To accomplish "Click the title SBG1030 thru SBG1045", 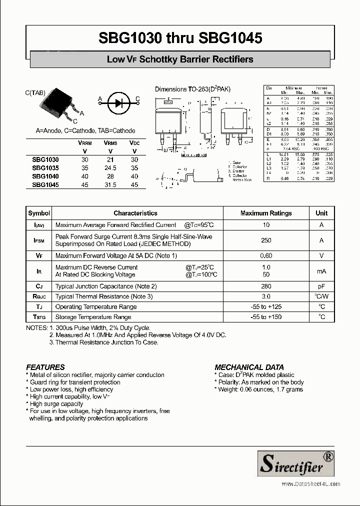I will (x=180, y=38).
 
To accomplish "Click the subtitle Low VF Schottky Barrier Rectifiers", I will (x=180, y=59).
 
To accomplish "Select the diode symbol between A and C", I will (x=119, y=103).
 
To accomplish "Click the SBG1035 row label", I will (x=45, y=168).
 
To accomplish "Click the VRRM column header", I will (x=84, y=143).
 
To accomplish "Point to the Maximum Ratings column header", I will (x=265, y=213).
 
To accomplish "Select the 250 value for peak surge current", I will (x=265, y=240).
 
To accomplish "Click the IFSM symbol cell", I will (x=39, y=240).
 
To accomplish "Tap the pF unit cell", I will (x=321, y=286).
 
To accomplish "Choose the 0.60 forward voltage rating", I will (x=265, y=256).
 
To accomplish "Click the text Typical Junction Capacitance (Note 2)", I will (x=106, y=286).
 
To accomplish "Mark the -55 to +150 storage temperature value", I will (x=265, y=317).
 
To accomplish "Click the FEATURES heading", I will (x=45, y=367).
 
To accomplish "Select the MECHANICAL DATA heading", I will (x=249, y=367).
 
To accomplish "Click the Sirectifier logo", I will (x=295, y=463).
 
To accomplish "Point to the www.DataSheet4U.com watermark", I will (x=310, y=484).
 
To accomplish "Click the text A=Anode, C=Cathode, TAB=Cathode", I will (x=85, y=130).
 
